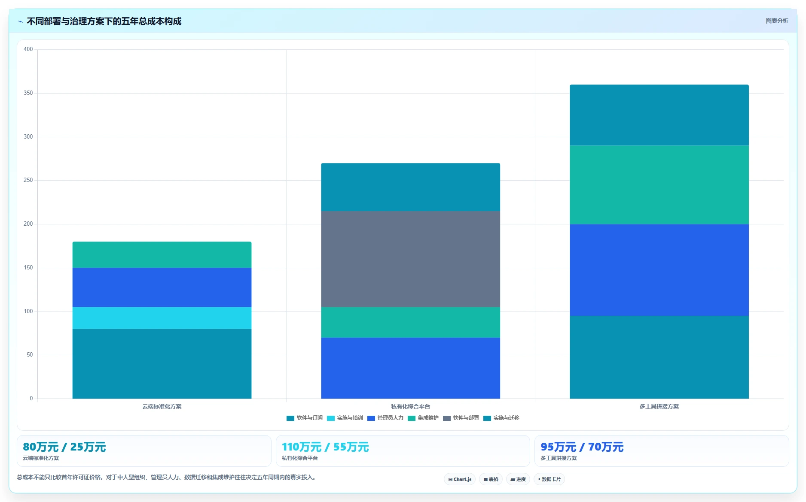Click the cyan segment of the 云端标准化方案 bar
tap(162, 318)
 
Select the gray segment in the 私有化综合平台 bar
tap(410, 259)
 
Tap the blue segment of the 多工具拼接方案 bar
tap(659, 270)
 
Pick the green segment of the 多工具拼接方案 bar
tap(659, 185)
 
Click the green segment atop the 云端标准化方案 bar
tap(162, 255)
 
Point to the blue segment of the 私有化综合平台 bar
tap(410, 368)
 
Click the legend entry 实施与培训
tap(345, 418)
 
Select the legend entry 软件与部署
tap(461, 418)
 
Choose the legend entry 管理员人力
tap(385, 418)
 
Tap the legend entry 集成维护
tap(423, 418)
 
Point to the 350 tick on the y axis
tap(28, 93)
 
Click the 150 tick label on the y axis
tap(28, 268)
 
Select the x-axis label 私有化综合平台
tap(411, 406)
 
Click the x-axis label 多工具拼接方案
tap(659, 406)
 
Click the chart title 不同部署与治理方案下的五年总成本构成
tap(104, 21)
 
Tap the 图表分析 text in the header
tap(777, 21)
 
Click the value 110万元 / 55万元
tap(325, 447)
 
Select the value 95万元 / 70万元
tap(582, 447)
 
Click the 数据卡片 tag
tap(549, 479)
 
